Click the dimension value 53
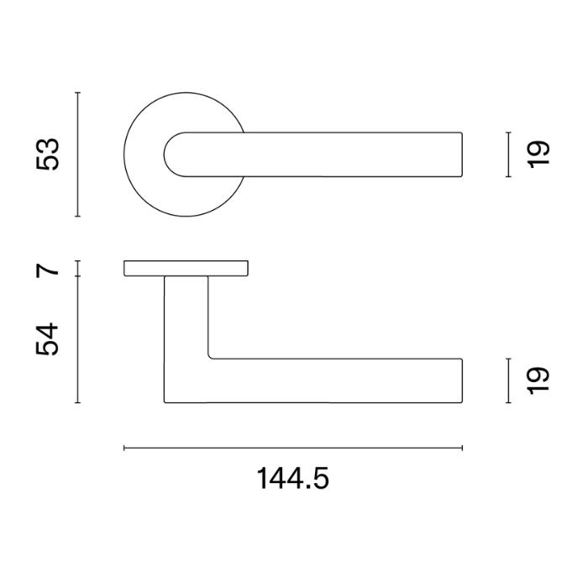[x=48, y=155]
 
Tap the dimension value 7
[x=48, y=269]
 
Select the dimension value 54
[x=47, y=339]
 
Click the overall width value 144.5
[x=293, y=478]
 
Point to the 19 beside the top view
[x=538, y=154]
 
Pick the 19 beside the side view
[x=538, y=381]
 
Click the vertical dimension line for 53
[x=77, y=154]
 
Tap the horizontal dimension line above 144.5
[x=293, y=448]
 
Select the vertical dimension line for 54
[x=77, y=339]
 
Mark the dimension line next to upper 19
[x=508, y=154]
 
